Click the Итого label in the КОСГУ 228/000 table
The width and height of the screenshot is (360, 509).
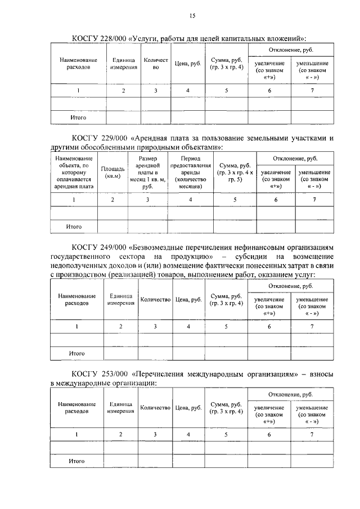point(78,118)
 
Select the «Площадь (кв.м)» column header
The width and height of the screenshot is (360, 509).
point(113,173)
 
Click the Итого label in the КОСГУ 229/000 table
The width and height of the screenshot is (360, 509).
point(74,227)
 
